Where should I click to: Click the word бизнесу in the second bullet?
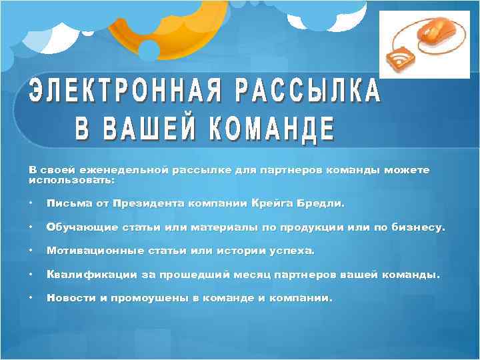[417, 227]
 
